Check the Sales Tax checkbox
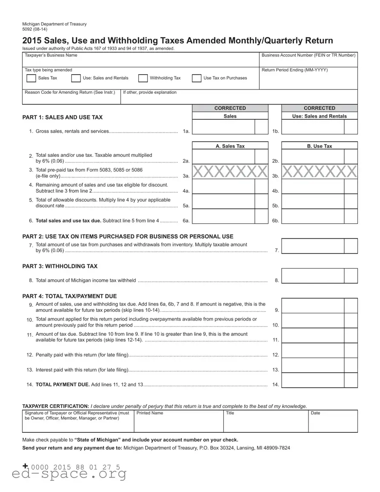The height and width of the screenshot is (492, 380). [x=31, y=78]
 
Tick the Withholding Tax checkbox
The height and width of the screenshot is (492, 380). [x=143, y=78]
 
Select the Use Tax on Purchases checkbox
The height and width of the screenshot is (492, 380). [x=196, y=78]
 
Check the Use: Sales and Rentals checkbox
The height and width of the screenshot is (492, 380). [x=76, y=78]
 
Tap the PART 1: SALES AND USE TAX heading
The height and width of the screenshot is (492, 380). [x=62, y=117]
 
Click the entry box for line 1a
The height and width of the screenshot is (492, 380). [x=224, y=127]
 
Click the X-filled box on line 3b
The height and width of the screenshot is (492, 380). [x=320, y=172]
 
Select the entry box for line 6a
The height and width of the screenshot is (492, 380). [x=224, y=216]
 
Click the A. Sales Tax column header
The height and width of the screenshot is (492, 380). [x=230, y=146]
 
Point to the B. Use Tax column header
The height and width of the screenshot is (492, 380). [x=320, y=146]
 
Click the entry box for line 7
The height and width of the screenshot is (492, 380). [x=313, y=246]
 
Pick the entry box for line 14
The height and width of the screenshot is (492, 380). [x=313, y=380]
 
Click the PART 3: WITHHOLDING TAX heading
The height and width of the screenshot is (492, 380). [x=60, y=266]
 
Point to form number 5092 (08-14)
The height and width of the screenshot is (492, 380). [x=35, y=29]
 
